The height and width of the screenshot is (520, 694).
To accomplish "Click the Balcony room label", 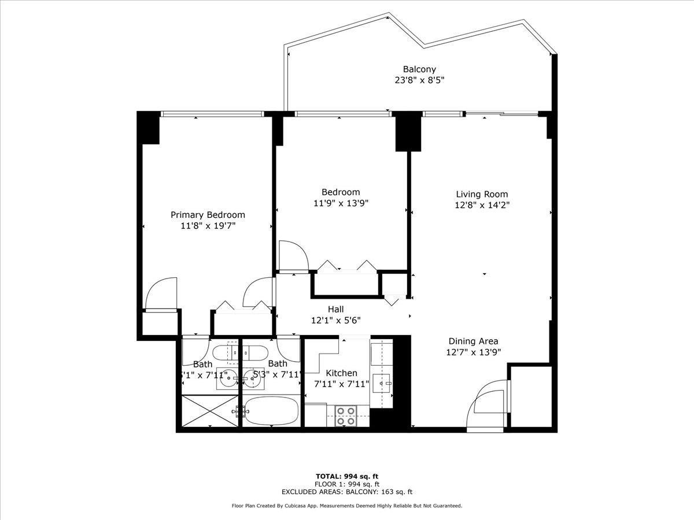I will (419, 69).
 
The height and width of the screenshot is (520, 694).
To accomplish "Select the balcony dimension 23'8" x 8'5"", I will (419, 80).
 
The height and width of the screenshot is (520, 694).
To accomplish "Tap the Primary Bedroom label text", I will (208, 214).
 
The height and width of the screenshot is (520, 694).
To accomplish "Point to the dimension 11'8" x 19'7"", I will (208, 225).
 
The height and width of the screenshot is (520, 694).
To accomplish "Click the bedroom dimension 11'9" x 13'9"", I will (341, 203).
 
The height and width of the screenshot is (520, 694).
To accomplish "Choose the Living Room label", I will (482, 194).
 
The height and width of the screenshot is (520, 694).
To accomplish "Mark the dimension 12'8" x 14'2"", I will (482, 205).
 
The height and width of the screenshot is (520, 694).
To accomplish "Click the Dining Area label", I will (472, 341).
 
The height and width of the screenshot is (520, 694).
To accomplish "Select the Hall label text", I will (336, 310).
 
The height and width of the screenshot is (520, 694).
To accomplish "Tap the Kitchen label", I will (341, 373).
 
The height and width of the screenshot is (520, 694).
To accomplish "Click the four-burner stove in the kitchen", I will (346, 416).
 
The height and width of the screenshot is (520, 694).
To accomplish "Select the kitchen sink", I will (382, 381).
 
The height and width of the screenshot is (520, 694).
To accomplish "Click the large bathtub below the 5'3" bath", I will (271, 411).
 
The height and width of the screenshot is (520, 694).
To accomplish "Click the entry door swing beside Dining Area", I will (488, 404).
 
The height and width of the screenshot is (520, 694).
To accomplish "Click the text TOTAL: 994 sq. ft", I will (346, 476).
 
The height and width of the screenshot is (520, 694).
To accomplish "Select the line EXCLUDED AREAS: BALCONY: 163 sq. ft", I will (346, 492).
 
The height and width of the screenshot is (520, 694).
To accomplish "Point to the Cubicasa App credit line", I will (346, 506).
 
